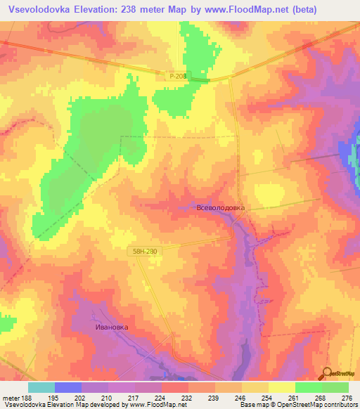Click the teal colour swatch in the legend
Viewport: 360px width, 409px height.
(41, 387)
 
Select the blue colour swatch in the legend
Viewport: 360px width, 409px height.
(68, 387)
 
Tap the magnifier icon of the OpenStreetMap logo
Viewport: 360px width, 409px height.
(326, 374)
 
